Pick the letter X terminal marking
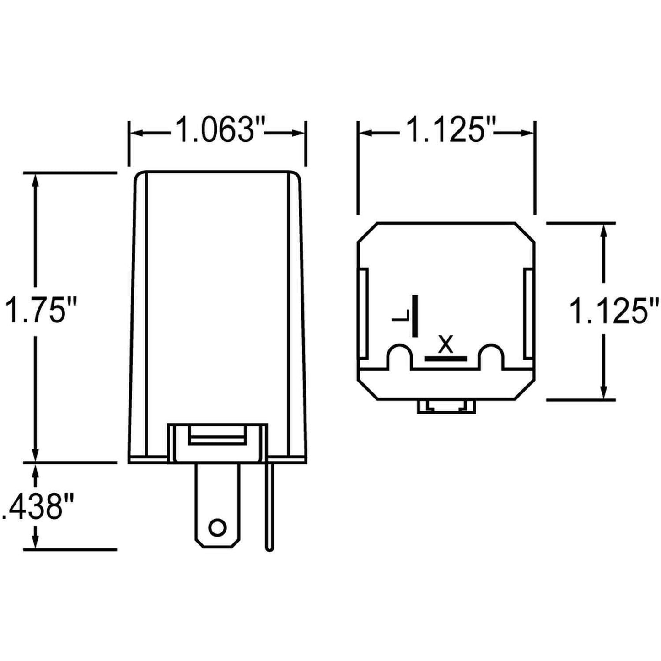click(445, 344)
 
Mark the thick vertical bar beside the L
click(415, 316)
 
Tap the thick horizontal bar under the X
click(445, 358)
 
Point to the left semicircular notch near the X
click(400, 355)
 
